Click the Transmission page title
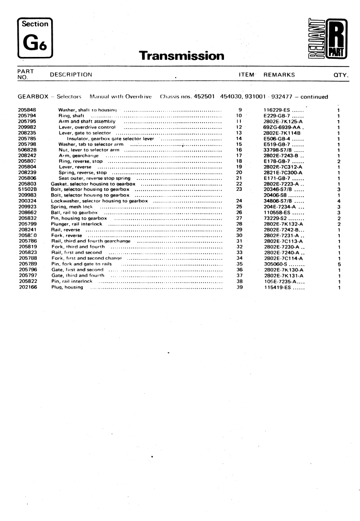[x=181, y=56]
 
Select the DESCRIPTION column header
[x=71, y=75]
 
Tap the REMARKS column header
[x=279, y=75]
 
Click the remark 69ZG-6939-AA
[x=283, y=127]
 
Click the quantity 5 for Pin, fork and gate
[x=338, y=264]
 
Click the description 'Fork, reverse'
[x=67, y=235]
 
